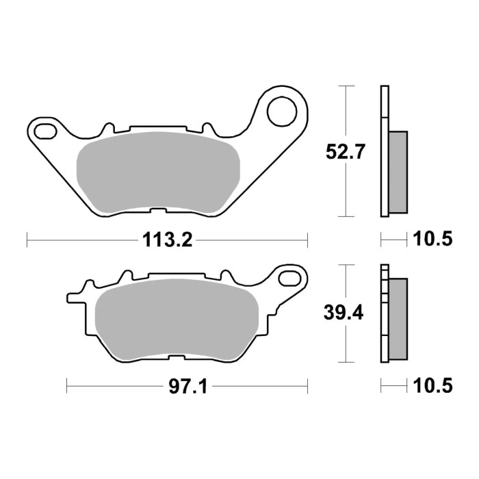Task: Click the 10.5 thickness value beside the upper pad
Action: pos(433,239)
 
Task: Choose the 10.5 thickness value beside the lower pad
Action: pos(433,387)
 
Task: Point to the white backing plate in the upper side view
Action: pos(384,151)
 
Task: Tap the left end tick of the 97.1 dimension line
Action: pos(66,387)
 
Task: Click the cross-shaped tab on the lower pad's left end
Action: pos(74,298)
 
